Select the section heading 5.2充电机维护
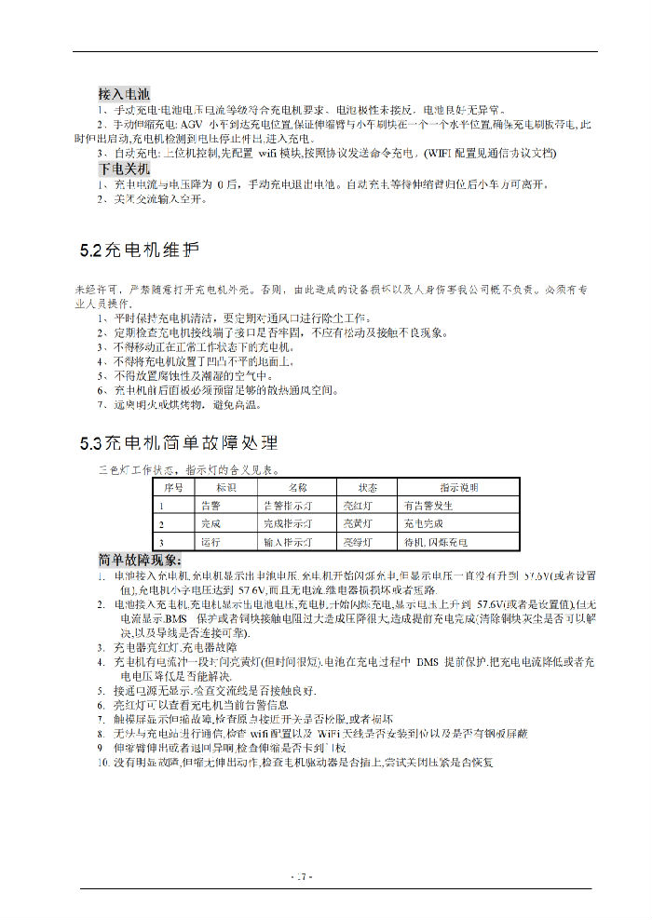[140, 250]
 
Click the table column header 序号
[173, 487]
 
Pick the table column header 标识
[226, 487]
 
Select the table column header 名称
[297, 487]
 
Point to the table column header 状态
[368, 487]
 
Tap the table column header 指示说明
[459, 487]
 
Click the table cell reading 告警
[211, 505]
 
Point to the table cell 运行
[211, 541]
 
